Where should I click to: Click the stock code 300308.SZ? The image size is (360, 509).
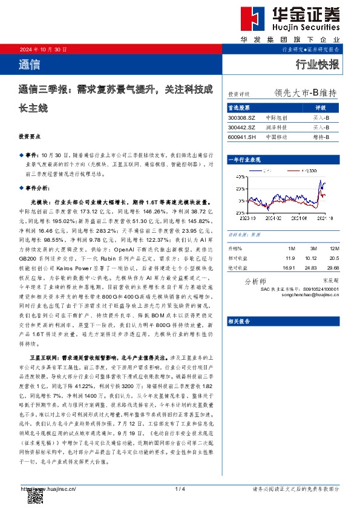(x=242, y=118)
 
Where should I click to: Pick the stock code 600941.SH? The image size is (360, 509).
(x=242, y=137)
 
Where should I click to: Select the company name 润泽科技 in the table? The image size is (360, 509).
(x=277, y=128)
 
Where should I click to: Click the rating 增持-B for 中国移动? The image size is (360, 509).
(x=321, y=137)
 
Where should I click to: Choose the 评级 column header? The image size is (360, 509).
(x=321, y=107)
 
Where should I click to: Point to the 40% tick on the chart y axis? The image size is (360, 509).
(x=241, y=177)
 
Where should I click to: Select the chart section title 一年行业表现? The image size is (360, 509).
(x=244, y=159)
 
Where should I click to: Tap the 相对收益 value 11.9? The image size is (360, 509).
(x=290, y=258)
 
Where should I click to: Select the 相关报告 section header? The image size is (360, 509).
(x=240, y=322)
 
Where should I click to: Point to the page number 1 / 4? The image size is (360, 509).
(x=180, y=488)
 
